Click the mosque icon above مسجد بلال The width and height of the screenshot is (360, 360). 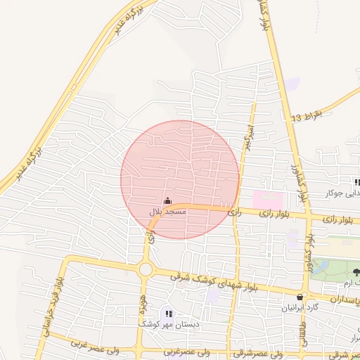point(167,201)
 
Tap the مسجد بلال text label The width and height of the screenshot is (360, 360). point(167,211)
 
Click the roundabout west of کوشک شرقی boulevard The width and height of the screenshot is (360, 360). point(146,269)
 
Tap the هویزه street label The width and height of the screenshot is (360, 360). point(143,304)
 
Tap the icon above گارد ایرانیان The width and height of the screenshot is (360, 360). point(301,297)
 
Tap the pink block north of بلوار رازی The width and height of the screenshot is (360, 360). point(268,199)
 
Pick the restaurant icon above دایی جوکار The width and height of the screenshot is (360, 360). point(356,183)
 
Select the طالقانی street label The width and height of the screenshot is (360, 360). point(304,330)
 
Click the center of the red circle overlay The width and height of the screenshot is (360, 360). point(180,179)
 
